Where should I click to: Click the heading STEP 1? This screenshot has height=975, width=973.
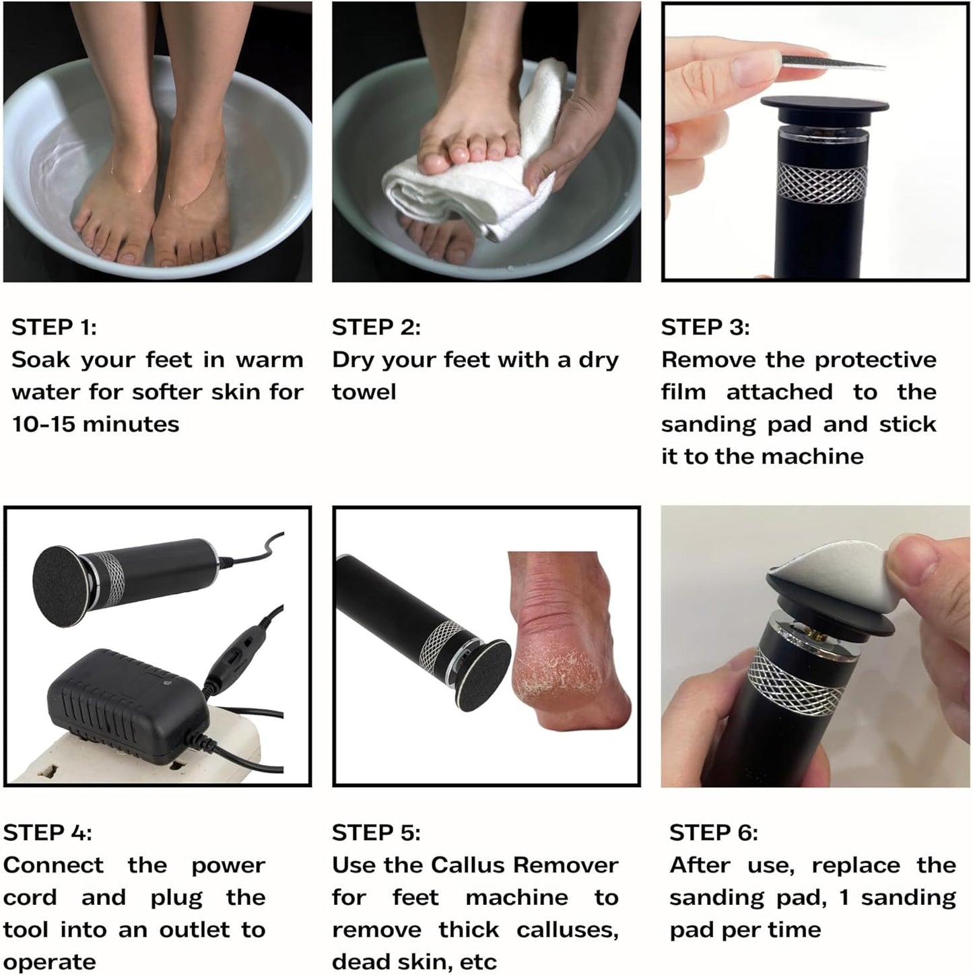tap(54, 327)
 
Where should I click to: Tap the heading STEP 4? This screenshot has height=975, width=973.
tap(47, 833)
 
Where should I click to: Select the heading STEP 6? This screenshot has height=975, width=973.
tap(713, 833)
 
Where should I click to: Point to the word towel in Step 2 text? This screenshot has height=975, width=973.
tap(364, 392)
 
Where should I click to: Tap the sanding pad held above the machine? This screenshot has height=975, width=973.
tap(832, 61)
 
